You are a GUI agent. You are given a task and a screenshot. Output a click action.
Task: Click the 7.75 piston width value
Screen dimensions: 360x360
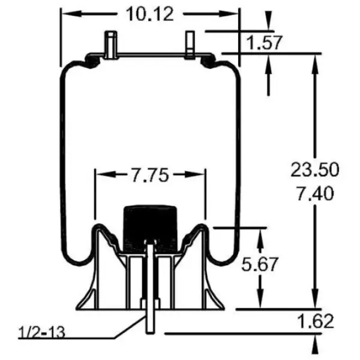pos(149,175)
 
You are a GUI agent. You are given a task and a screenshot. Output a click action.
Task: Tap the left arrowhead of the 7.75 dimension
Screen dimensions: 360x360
pos(101,175)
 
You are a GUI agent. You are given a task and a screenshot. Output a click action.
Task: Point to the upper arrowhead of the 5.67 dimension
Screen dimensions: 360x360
pos(260,235)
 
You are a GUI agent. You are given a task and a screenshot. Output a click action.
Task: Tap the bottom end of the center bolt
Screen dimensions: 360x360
pos(151,331)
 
